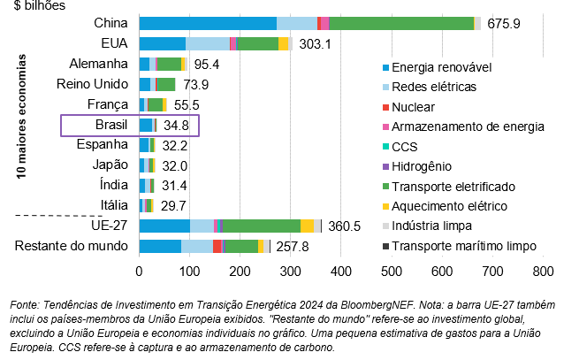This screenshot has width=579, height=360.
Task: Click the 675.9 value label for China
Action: click(503, 23)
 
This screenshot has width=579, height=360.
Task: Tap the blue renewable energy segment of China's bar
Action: click(190, 23)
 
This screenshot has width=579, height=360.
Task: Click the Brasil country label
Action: click(111, 125)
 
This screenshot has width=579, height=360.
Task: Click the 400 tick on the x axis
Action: click(341, 272)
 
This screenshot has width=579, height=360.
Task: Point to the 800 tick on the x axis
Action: click(543, 272)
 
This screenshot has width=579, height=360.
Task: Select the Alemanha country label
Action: click(99, 64)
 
